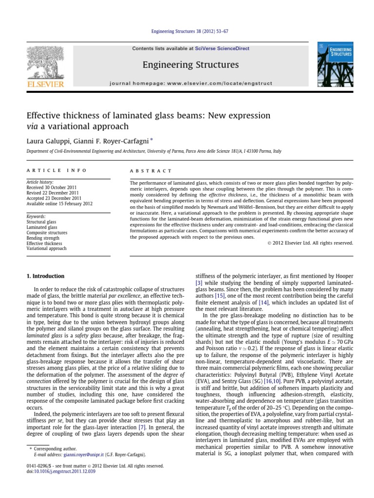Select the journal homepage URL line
190,84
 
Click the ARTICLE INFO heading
56,171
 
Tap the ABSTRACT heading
151,171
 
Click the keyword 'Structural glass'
41,222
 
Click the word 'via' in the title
33,126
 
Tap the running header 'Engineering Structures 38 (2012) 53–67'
189,31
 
